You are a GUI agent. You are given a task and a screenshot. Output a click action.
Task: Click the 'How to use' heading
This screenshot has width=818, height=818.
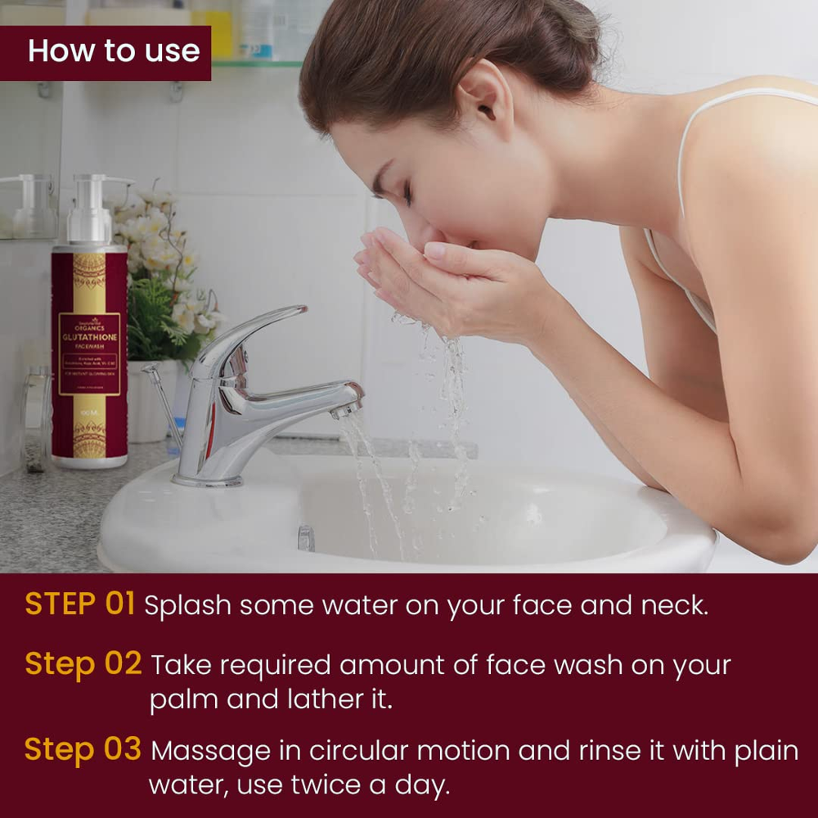[x=114, y=51]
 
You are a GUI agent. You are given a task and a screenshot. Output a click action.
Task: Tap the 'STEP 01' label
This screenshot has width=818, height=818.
[x=79, y=604]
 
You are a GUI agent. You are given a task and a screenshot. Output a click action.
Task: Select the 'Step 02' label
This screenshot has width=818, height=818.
[x=83, y=663]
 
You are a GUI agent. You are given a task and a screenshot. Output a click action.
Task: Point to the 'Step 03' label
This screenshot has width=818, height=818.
[x=83, y=749]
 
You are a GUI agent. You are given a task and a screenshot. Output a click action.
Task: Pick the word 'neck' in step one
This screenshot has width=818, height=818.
[x=682, y=606]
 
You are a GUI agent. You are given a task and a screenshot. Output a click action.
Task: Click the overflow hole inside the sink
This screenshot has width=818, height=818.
[x=306, y=537]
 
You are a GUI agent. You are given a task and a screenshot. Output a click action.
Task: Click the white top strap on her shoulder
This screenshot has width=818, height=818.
[x=685, y=155]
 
